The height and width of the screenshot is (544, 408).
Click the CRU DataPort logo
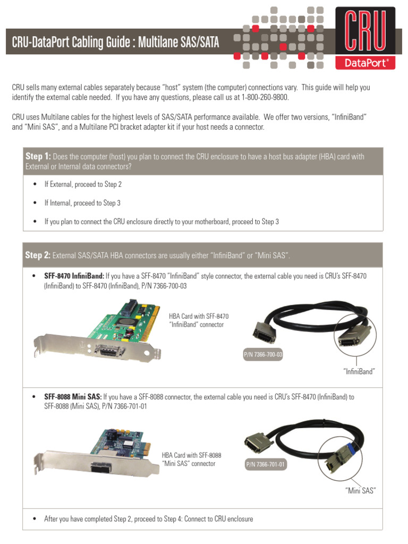[x=365, y=38]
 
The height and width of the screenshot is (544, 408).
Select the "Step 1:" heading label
[x=38, y=156]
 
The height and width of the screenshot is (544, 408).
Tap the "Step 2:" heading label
[x=38, y=256]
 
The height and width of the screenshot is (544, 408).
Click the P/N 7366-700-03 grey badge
[x=263, y=354]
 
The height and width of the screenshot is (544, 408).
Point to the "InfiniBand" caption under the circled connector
[x=359, y=372]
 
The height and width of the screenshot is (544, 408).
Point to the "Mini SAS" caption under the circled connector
[x=360, y=491]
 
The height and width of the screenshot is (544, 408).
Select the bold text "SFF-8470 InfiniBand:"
[x=74, y=276]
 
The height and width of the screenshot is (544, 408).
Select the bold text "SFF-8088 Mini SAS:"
[x=73, y=397]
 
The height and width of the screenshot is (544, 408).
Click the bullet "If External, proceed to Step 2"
[x=83, y=184]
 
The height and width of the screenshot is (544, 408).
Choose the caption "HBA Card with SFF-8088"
[x=191, y=455]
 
